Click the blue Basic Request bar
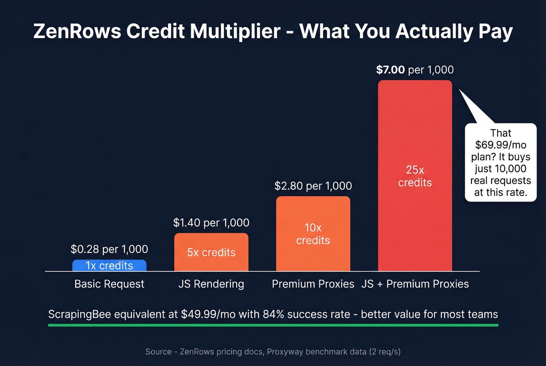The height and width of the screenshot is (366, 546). pyautogui.click(x=109, y=265)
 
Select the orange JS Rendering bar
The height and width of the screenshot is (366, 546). pyautogui.click(x=211, y=252)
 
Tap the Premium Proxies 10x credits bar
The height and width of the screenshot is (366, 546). pyautogui.click(x=313, y=234)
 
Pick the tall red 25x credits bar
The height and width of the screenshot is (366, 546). pyautogui.click(x=415, y=176)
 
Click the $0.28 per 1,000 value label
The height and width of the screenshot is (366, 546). pyautogui.click(x=109, y=249)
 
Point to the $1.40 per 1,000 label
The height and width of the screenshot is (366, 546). pyautogui.click(x=211, y=223)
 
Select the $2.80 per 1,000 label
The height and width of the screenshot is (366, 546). pyautogui.click(x=313, y=186)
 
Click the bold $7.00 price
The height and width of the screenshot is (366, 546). pyautogui.click(x=390, y=70)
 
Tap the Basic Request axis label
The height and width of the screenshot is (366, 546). pyautogui.click(x=109, y=284)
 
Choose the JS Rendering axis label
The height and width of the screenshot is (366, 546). pyautogui.click(x=211, y=284)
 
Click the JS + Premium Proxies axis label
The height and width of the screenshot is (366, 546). pyautogui.click(x=415, y=284)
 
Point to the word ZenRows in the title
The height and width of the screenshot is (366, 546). pyautogui.click(x=77, y=31)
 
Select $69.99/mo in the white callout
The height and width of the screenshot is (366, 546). pyautogui.click(x=500, y=145)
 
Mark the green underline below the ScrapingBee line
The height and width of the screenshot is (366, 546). pyautogui.click(x=273, y=325)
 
